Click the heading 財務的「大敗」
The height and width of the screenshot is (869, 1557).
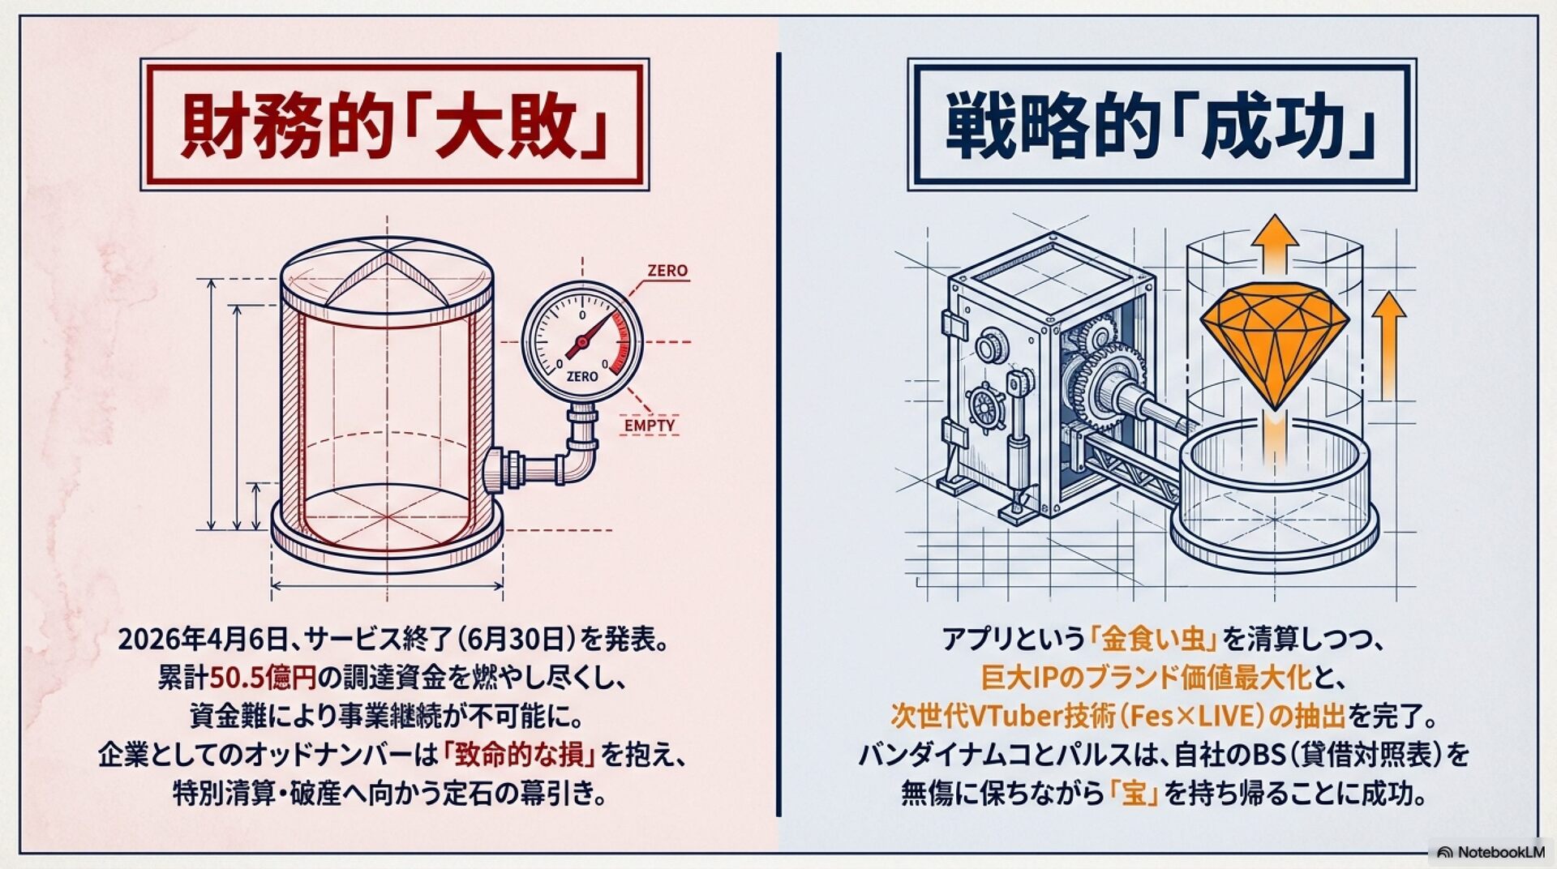coord(394,125)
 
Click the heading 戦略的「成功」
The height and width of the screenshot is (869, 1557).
coord(1161,125)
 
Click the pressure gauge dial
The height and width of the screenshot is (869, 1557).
coord(582,340)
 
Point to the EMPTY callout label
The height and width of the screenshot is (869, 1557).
coord(650,425)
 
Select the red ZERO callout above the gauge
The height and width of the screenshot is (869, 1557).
coord(667,271)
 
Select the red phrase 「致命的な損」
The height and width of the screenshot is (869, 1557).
coord(520,756)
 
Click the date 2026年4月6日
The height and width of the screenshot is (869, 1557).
coord(204,640)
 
